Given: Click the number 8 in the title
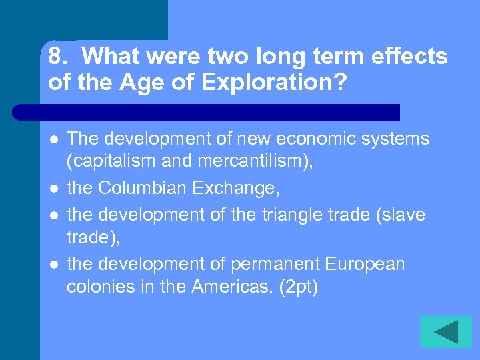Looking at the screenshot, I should [56, 57].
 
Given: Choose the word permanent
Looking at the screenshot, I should [274, 265].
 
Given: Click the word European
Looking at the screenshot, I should [365, 265].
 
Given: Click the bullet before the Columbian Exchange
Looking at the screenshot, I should [53, 189].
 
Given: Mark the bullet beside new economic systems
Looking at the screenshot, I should [53, 139].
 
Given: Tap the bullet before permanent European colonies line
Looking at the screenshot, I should [53, 265].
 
